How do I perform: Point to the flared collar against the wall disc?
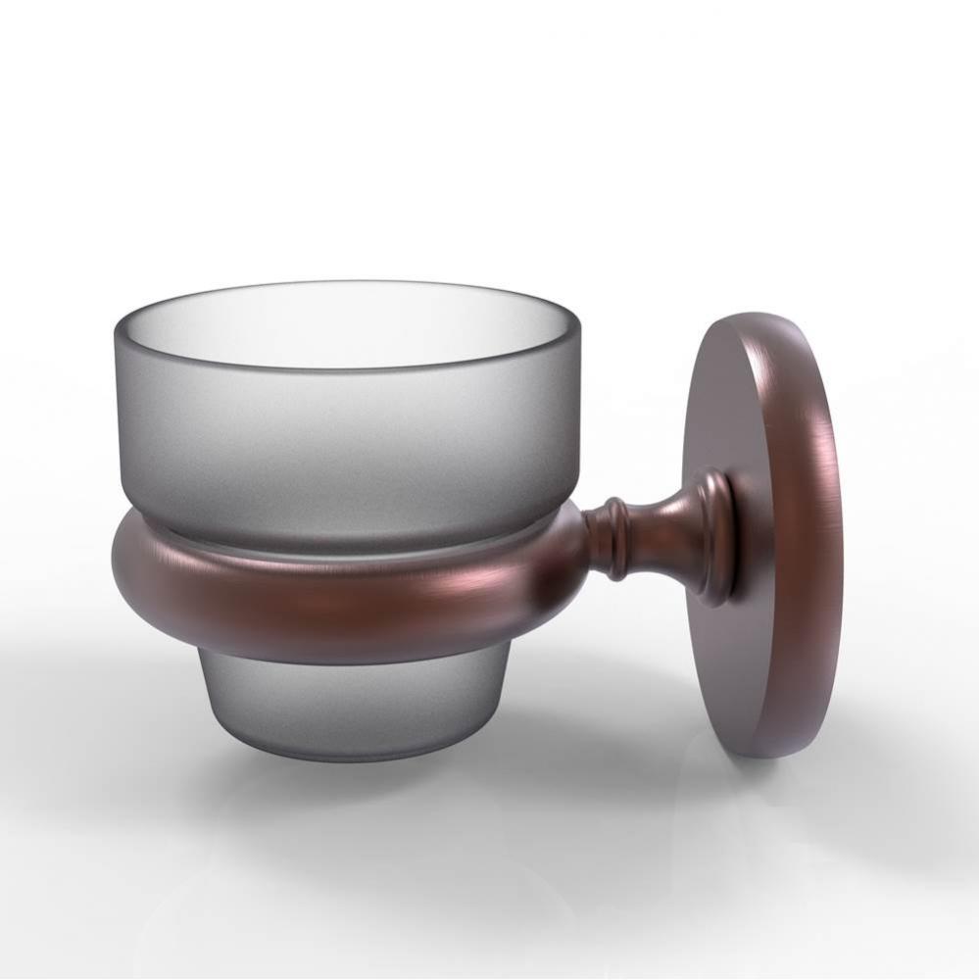(710, 534)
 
